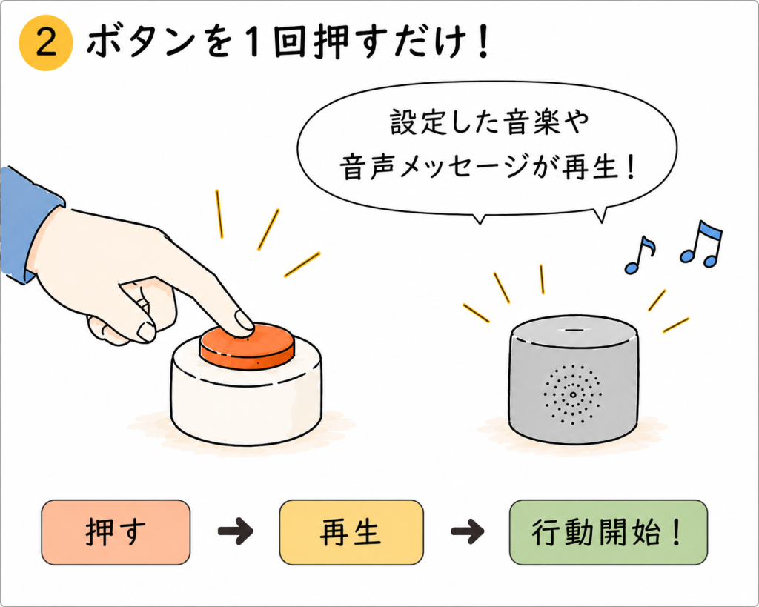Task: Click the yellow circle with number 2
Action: click(46, 43)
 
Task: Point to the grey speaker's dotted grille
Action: click(573, 394)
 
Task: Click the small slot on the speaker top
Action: click(574, 330)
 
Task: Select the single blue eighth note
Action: click(640, 255)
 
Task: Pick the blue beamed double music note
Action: click(701, 244)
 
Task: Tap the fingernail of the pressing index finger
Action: click(244, 319)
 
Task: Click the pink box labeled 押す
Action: click(116, 532)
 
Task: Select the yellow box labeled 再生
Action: click(351, 532)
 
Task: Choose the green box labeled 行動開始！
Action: click(609, 532)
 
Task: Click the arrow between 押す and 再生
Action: click(235, 531)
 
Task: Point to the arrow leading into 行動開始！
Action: click(467, 531)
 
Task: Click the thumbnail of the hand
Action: click(145, 331)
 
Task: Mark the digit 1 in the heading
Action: click(252, 42)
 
